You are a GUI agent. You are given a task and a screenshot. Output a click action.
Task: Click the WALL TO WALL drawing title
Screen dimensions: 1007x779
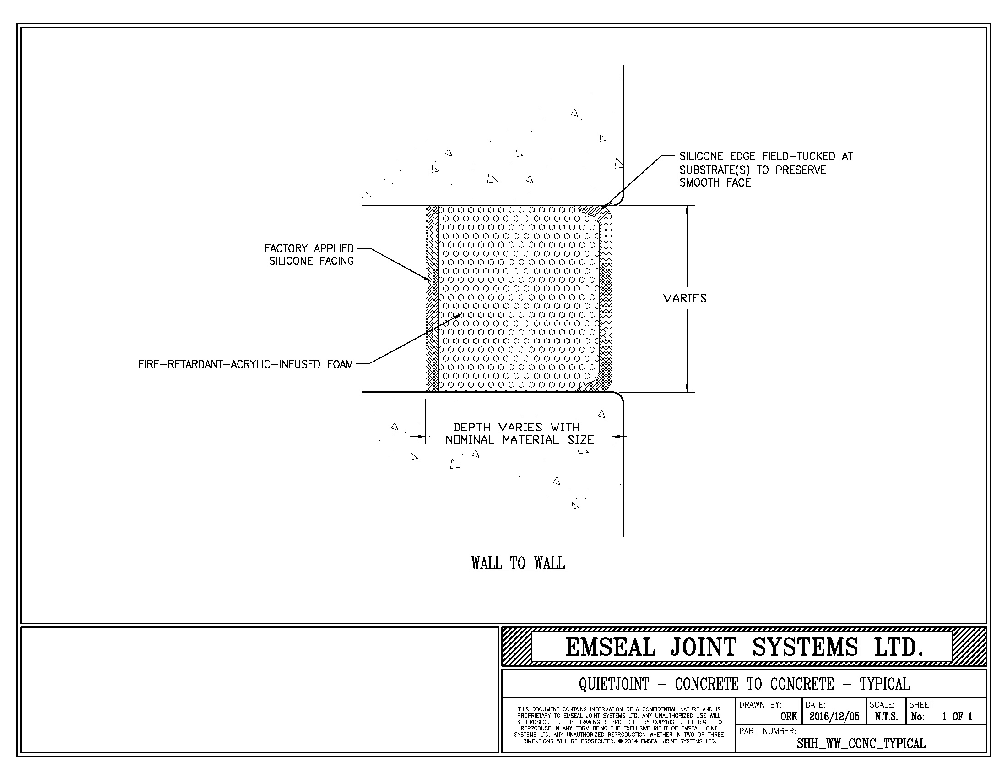tap(517, 563)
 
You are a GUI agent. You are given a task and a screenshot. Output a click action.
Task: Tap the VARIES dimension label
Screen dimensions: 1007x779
tap(685, 299)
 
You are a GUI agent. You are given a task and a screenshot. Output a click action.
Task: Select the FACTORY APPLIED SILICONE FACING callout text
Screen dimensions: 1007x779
tap(309, 255)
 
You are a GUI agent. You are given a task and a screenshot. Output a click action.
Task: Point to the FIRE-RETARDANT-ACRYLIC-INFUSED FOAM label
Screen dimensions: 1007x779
tap(246, 365)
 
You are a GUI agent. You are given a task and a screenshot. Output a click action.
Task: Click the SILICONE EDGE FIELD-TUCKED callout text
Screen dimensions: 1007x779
tap(766, 170)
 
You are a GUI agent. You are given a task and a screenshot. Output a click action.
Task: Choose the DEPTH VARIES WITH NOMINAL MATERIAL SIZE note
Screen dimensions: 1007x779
tap(519, 433)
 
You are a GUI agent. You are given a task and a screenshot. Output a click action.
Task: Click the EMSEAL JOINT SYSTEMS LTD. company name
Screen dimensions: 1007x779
tap(745, 647)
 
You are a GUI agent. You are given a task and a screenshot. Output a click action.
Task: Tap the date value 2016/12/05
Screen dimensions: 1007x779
tap(834, 716)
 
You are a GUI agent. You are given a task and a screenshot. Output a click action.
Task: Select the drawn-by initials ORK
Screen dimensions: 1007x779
tap(789, 716)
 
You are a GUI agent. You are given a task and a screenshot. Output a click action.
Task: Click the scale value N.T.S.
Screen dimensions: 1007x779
tap(887, 716)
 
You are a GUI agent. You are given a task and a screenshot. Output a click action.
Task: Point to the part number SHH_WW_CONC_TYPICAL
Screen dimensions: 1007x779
tap(861, 743)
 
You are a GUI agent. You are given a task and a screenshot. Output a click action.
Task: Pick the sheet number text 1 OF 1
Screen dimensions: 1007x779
tap(957, 716)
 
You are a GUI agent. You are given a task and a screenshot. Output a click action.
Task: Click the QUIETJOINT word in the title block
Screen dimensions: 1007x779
tap(614, 684)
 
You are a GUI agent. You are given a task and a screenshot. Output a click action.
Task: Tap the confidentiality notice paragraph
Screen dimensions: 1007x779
tap(619, 725)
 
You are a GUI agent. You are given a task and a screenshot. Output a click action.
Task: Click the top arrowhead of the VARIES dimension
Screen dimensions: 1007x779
tap(687, 210)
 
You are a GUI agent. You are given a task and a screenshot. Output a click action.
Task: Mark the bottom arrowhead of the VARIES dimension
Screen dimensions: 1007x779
tap(687, 387)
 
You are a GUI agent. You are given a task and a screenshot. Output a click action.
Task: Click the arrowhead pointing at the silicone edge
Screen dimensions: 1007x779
tap(606, 206)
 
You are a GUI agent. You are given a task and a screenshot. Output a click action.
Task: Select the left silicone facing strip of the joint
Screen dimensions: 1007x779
tap(432, 299)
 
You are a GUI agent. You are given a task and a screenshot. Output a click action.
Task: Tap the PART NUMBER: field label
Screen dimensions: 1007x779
tap(768, 731)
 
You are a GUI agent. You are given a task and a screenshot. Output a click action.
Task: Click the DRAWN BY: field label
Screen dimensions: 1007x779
tap(761, 705)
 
